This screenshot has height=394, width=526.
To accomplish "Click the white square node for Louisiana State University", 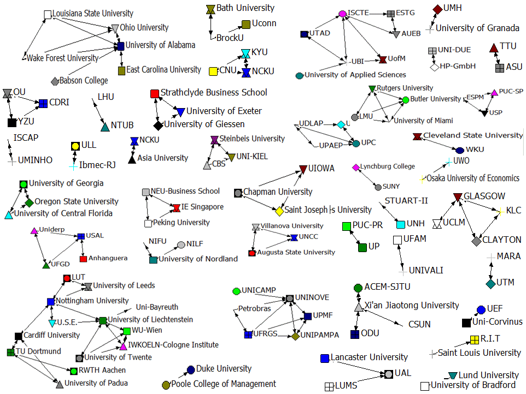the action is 48,14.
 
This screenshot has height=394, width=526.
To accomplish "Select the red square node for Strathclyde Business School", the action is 155,94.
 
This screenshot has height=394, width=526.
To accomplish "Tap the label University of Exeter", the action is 224,111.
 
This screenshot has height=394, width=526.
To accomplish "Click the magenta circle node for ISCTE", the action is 342,14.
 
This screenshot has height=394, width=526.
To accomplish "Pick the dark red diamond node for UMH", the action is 438,9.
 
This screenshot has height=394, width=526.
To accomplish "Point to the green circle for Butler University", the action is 406,99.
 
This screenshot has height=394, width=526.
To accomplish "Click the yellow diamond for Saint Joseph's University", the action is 279,211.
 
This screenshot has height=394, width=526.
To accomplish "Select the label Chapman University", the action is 278,192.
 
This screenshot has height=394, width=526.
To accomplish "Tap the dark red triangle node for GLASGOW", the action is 458,197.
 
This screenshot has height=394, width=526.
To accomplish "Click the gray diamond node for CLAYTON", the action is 476,241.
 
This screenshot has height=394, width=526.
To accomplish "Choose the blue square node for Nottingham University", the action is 51,302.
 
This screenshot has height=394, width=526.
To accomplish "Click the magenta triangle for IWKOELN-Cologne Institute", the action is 123,346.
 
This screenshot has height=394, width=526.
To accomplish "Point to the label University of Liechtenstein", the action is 150,319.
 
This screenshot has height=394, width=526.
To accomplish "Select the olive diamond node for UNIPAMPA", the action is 295,336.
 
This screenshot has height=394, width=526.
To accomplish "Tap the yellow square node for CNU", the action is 213,71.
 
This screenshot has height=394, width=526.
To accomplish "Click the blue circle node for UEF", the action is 481,309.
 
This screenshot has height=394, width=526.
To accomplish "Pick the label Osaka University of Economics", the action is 473,178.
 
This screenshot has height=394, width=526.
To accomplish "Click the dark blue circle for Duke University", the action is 191,369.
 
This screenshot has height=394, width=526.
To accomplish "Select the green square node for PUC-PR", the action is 347,226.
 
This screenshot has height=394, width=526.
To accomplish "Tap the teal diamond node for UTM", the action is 491,284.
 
